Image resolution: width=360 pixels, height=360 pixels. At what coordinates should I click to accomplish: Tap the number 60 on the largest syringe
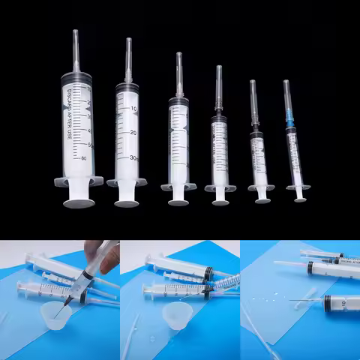(x=83, y=158)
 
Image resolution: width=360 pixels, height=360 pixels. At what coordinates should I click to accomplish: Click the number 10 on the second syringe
(x=133, y=109)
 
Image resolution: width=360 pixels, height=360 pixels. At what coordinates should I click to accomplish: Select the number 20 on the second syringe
(x=133, y=133)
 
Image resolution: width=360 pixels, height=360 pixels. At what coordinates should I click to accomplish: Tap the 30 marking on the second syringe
(x=133, y=157)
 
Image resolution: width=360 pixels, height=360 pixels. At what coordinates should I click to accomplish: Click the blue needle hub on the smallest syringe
(x=289, y=119)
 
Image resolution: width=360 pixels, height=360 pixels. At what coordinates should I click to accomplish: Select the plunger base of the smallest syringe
(x=300, y=199)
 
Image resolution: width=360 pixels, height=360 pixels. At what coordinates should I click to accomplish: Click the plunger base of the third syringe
(x=178, y=201)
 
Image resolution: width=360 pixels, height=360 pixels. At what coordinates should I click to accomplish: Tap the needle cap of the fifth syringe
(x=253, y=101)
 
